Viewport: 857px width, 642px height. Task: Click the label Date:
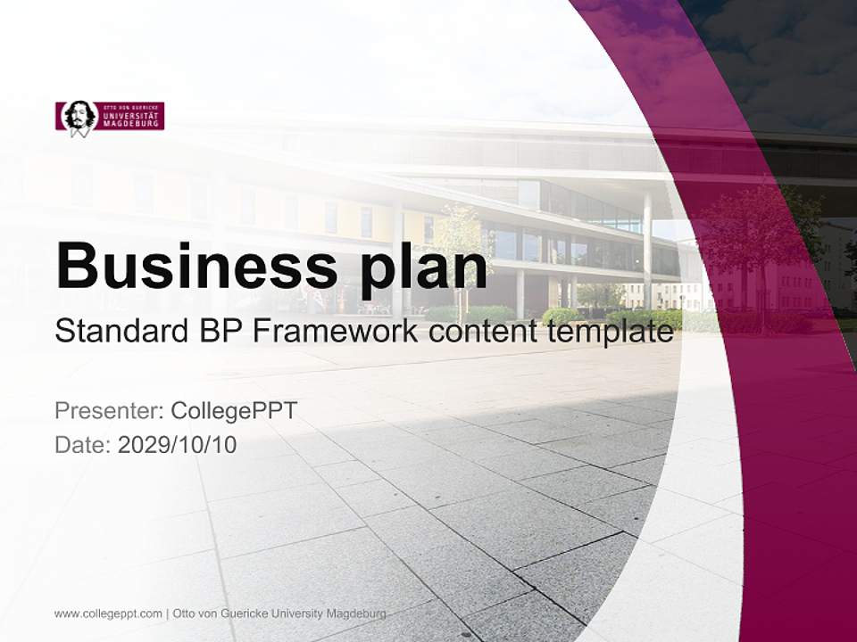click(x=83, y=444)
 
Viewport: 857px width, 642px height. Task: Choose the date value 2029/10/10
click(x=178, y=444)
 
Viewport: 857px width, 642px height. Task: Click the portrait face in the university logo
click(x=79, y=117)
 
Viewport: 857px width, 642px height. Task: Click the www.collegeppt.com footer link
click(x=108, y=613)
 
